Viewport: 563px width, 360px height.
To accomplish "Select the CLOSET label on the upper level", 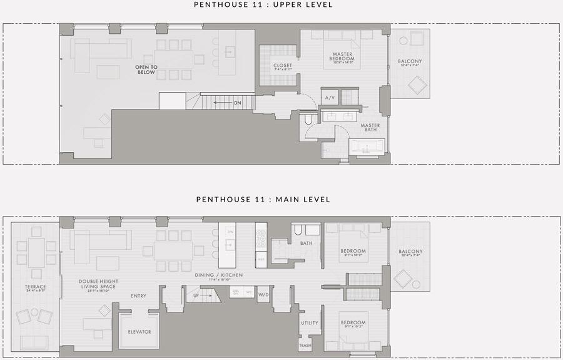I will [x=283, y=66].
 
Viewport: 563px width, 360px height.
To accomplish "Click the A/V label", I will [x=330, y=98].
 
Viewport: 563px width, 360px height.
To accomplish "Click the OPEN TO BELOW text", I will [x=146, y=69].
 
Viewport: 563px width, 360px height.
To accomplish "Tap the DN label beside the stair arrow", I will [x=237, y=103].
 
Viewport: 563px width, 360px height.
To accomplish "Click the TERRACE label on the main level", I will [x=36, y=287].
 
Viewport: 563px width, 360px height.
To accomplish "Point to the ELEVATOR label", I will [x=139, y=332].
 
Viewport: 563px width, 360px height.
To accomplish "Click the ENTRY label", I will [x=138, y=296].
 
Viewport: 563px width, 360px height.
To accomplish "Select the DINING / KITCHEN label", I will [x=223, y=275].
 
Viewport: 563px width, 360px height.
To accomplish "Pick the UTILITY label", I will [x=309, y=323].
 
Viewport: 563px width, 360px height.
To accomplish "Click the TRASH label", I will [x=305, y=346].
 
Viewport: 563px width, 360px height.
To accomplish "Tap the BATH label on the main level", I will [x=306, y=243].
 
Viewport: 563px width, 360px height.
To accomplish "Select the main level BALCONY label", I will [x=410, y=252].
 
